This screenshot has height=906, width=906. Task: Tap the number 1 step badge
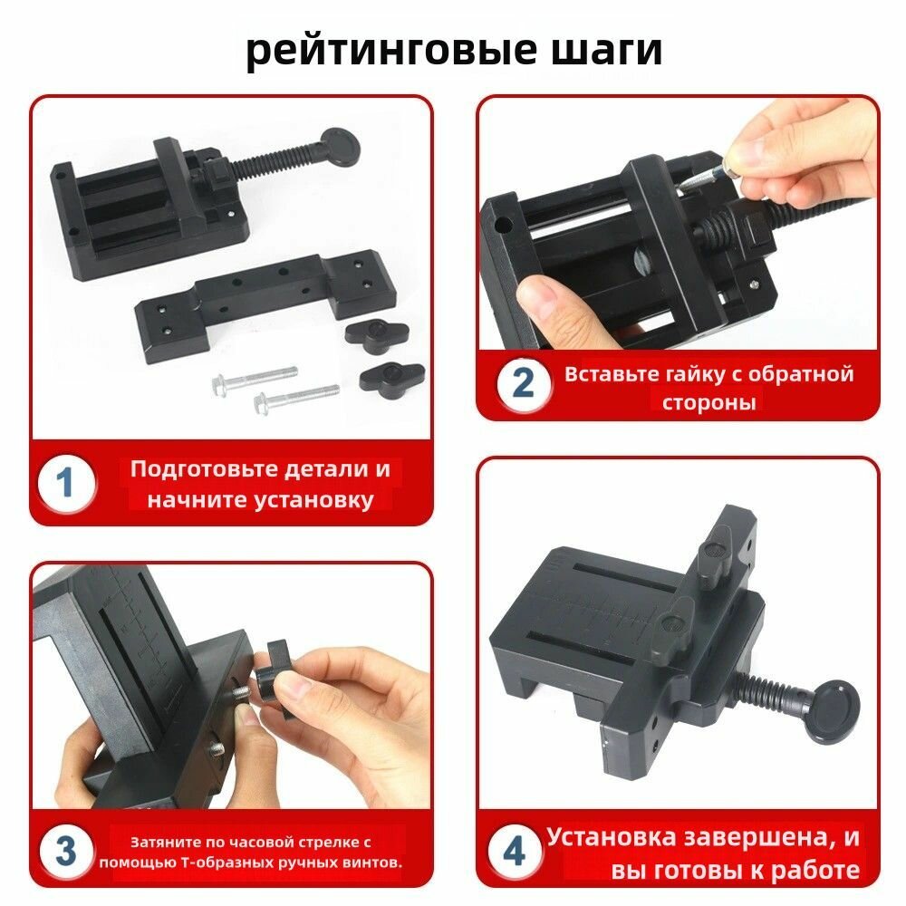[66, 483]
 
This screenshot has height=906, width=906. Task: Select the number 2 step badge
[523, 383]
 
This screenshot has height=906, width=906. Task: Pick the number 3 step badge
[66, 850]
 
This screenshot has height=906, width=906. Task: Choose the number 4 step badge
[515, 851]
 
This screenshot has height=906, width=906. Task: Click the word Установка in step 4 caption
[611, 836]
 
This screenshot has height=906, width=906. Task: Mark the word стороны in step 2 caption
[709, 402]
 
